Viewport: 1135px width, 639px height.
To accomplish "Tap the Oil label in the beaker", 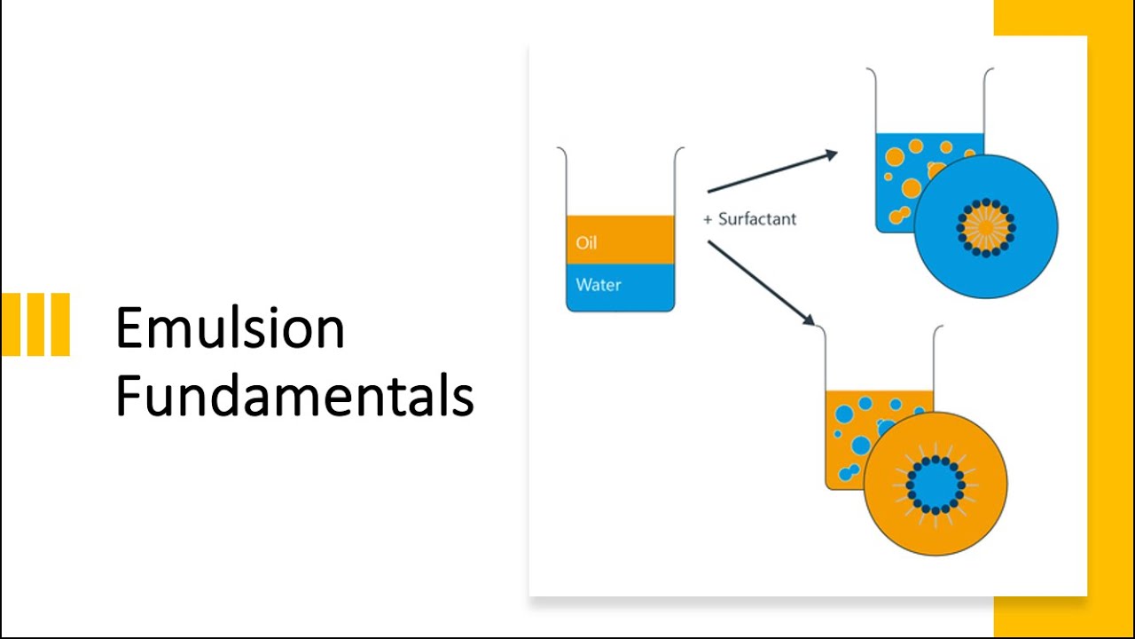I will pos(586,242).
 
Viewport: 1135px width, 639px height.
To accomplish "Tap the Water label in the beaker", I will pos(599,285).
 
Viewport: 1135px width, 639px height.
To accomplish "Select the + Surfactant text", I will pos(750,219).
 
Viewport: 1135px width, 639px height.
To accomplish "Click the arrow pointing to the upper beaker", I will pos(771,171).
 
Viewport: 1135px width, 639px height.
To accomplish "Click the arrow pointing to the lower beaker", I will pos(761,282).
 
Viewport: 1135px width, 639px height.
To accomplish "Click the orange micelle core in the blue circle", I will pos(986,227).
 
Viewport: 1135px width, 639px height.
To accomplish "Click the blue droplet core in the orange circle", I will pos(935,485).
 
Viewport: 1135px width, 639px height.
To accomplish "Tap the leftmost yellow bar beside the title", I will pos(11,324).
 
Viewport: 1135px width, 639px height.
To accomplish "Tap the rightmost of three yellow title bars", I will pos(59,324).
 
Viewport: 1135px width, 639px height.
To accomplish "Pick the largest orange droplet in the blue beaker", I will pos(912,188).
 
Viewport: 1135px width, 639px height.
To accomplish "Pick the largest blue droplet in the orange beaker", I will pos(845,414).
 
